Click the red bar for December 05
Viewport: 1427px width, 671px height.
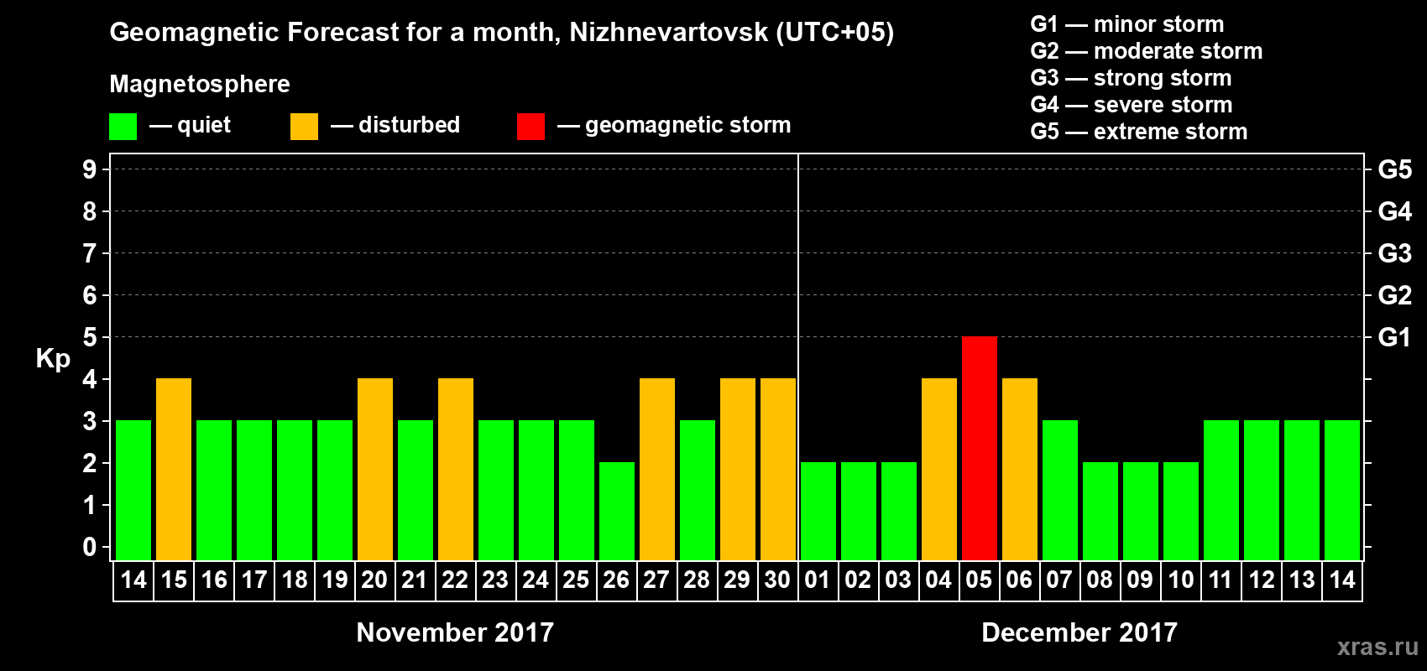click(979, 448)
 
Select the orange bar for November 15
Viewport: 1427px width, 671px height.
click(174, 469)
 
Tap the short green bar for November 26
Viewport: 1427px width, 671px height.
click(617, 511)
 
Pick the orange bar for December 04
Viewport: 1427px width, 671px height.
click(938, 469)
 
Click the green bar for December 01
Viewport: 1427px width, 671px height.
click(818, 511)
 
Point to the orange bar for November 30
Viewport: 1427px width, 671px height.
click(778, 469)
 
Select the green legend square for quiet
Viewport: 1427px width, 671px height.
click(123, 127)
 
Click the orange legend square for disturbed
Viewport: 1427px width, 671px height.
click(304, 127)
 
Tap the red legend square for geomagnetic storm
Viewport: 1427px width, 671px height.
click(531, 127)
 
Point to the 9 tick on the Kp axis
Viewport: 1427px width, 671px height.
click(90, 169)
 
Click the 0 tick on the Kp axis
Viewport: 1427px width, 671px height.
click(90, 547)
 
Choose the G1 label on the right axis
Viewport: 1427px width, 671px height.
click(1394, 337)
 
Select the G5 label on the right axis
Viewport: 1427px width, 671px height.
click(1394, 169)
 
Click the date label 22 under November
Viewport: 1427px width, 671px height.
click(455, 580)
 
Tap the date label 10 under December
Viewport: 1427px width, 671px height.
click(1180, 580)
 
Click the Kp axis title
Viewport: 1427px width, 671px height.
click(53, 359)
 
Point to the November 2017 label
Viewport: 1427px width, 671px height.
click(455, 632)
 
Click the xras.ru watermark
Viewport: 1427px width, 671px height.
click(1377, 647)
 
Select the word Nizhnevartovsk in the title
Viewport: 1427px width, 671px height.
click(668, 33)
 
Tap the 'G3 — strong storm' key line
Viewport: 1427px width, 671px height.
click(1131, 78)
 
